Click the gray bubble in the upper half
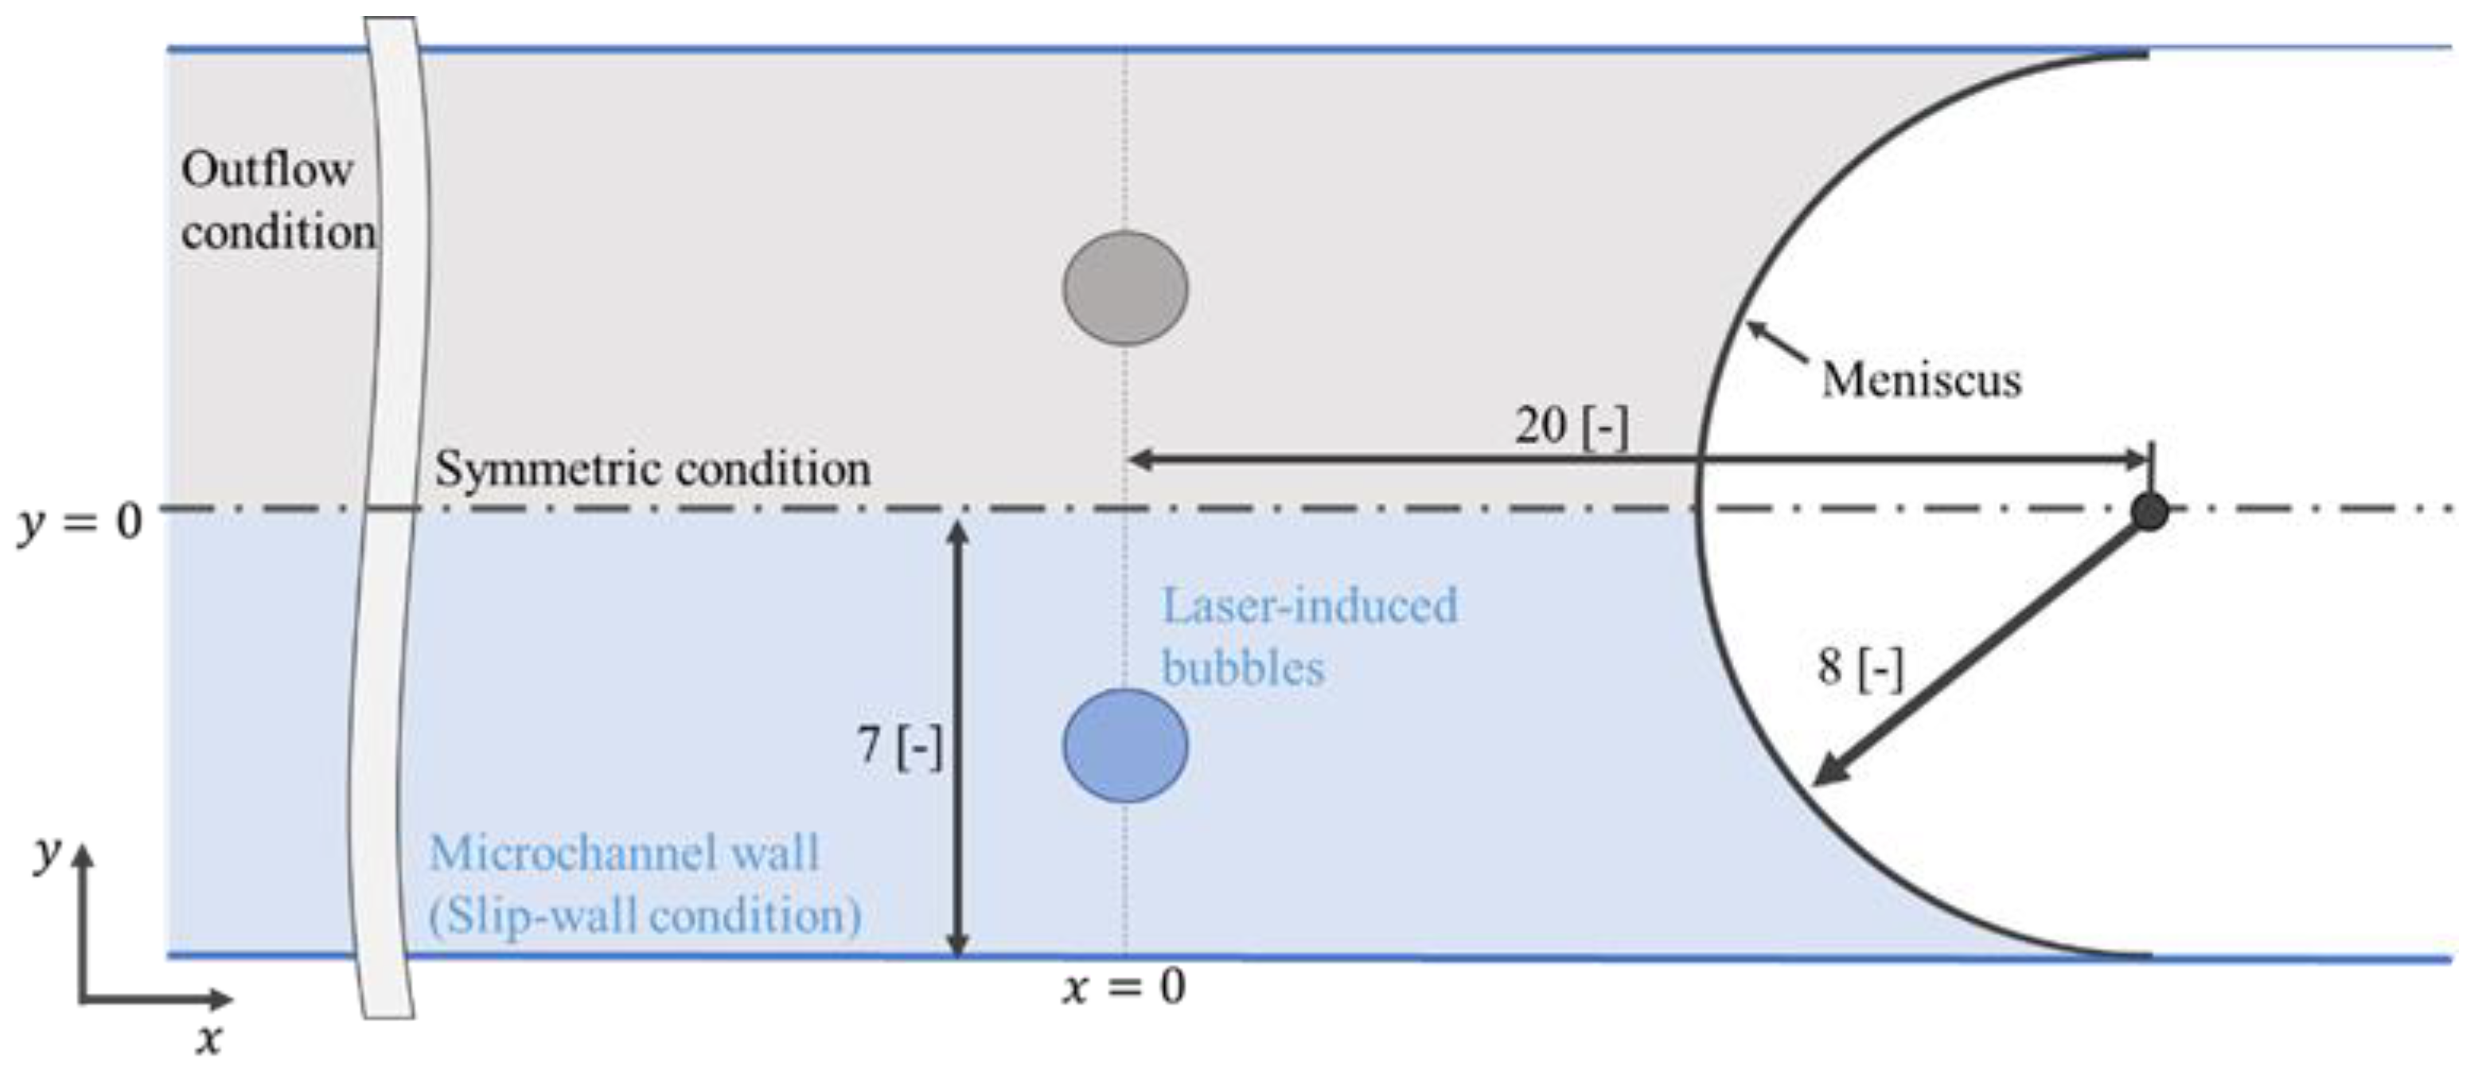click(1124, 287)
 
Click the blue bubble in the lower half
click(1124, 746)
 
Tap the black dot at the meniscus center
click(2149, 511)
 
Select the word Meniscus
click(1921, 379)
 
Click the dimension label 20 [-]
click(1572, 425)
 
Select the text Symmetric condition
click(653, 470)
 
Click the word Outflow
click(267, 170)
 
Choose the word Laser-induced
click(1309, 606)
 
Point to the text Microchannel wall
click(623, 854)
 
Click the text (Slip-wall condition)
click(645, 915)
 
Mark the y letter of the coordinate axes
click(45, 854)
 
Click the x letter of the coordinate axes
click(208, 1040)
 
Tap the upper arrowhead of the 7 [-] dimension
click(957, 531)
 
